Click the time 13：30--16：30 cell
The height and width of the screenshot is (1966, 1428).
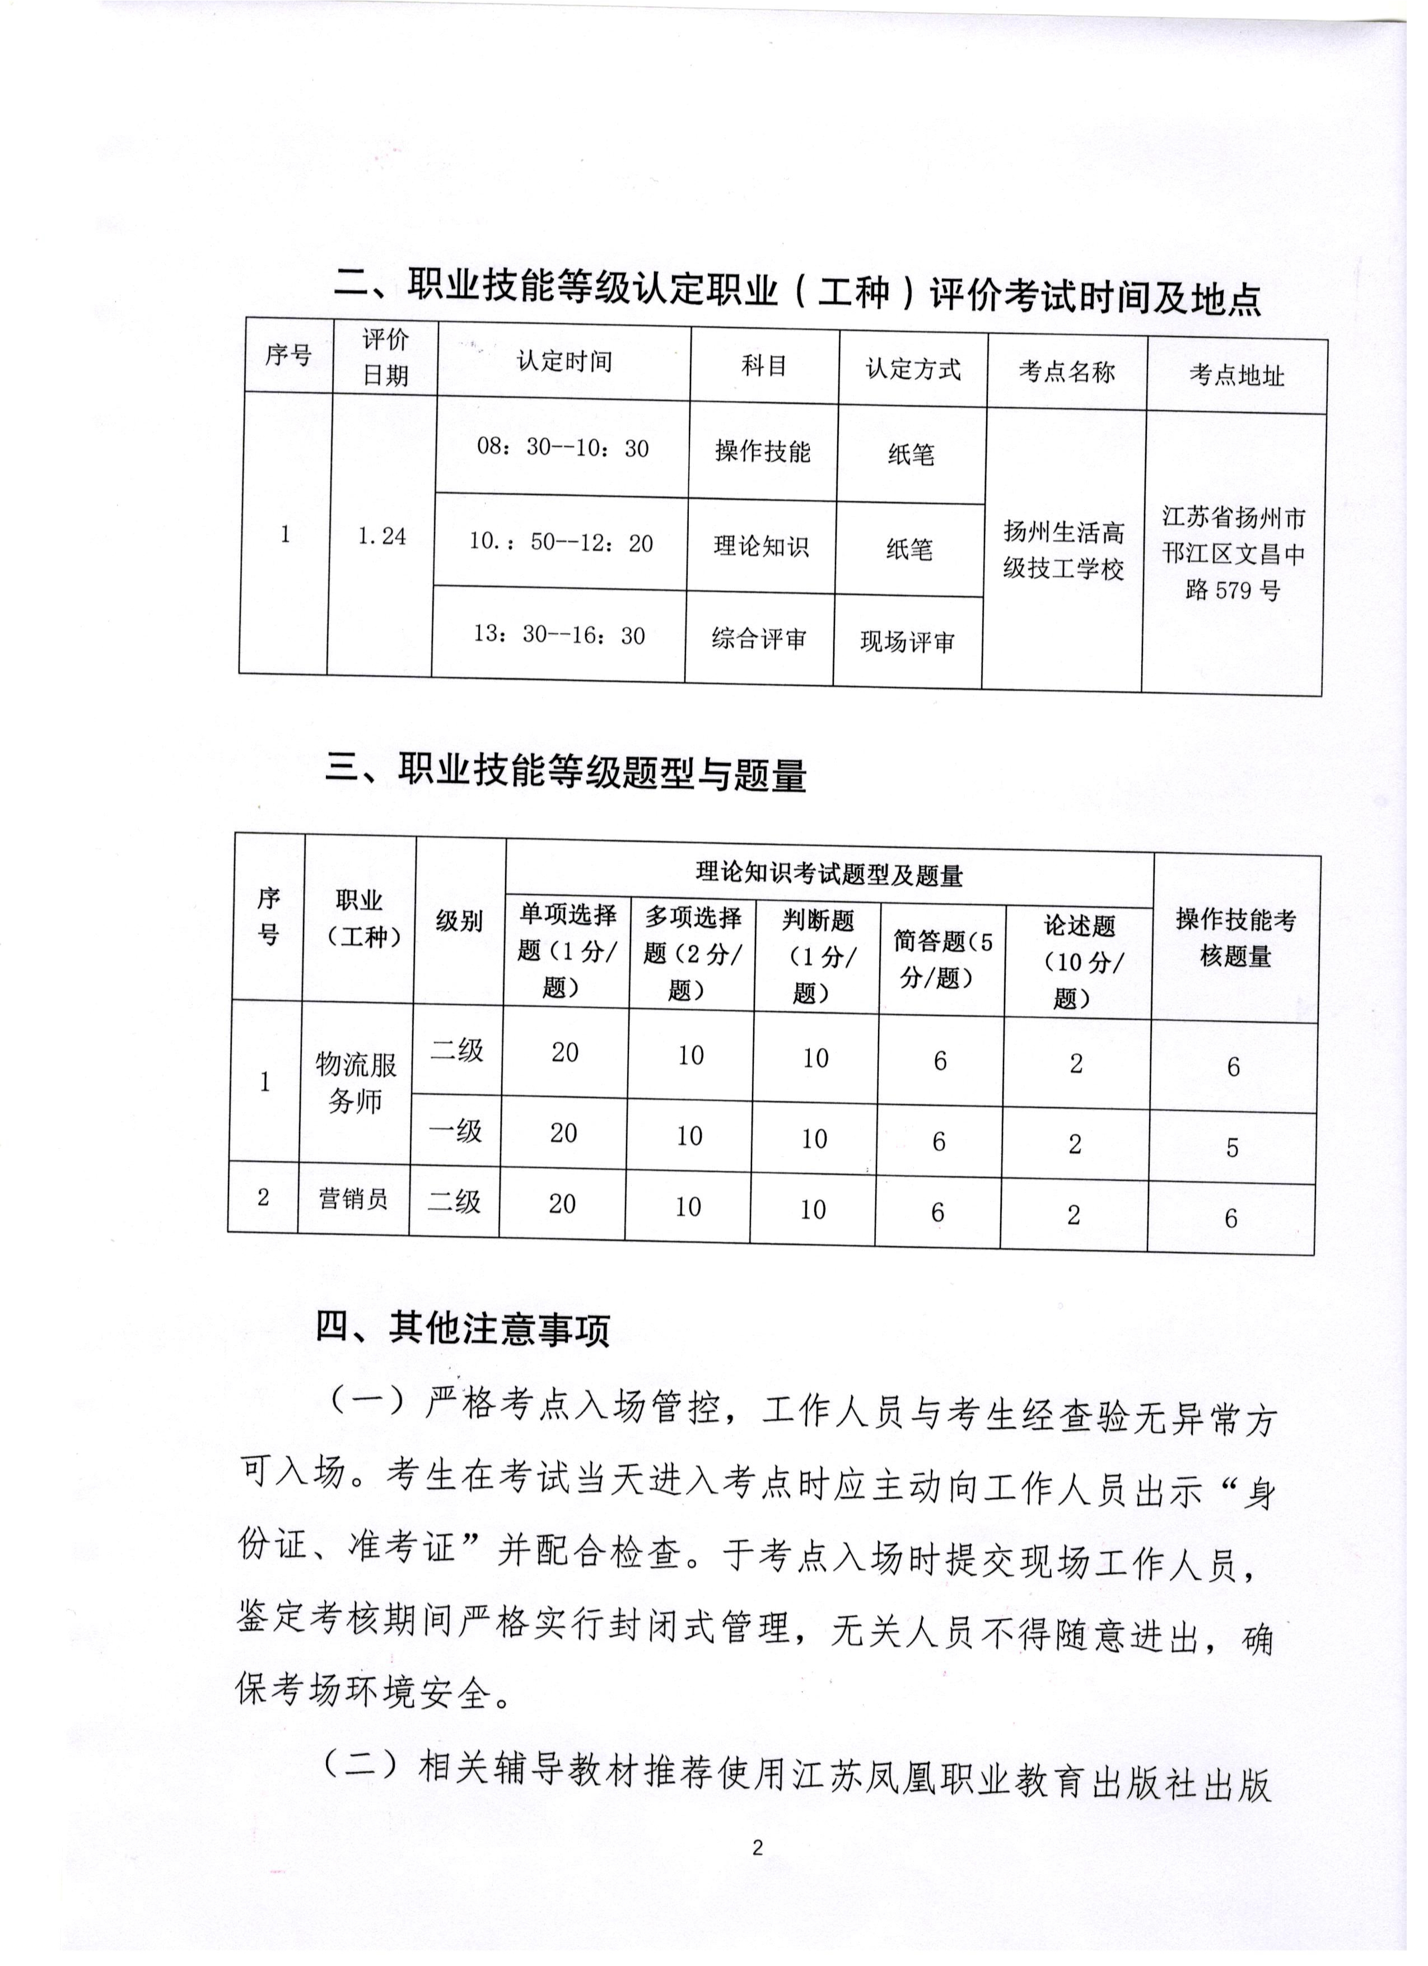pos(559,635)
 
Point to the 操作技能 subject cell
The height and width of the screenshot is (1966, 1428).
pos(763,452)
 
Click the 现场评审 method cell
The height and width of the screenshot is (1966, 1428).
pos(907,642)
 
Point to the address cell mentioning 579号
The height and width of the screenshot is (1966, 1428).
pos(1233,554)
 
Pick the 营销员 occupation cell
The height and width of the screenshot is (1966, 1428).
pos(353,1199)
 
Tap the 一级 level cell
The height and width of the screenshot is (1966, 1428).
pos(456,1131)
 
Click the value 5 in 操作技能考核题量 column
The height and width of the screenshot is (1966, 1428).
pos(1232,1147)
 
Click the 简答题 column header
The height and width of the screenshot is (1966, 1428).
pos(942,959)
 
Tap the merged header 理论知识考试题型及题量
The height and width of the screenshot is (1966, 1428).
pos(829,875)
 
